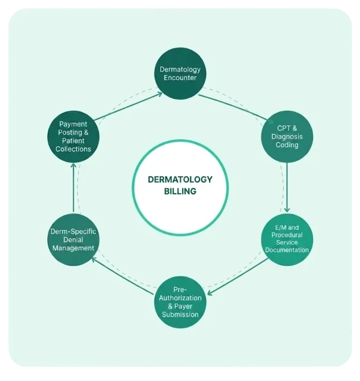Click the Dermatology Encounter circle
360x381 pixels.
pyautogui.click(x=180, y=73)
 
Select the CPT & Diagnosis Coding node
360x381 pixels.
pyautogui.click(x=287, y=136)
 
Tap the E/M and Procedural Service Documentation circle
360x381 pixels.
pyautogui.click(x=287, y=239)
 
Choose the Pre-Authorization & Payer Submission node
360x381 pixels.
pyautogui.click(x=180, y=302)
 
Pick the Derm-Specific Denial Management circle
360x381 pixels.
pyautogui.click(x=73, y=239)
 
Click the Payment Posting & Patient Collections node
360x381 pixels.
pyautogui.click(x=73, y=136)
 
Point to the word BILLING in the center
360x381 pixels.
pyautogui.click(x=180, y=191)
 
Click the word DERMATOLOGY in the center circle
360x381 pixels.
pyautogui.click(x=180, y=180)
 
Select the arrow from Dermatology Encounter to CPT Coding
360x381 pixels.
pyautogui.click(x=236, y=109)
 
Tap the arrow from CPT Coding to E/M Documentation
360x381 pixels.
pyautogui.click(x=287, y=187)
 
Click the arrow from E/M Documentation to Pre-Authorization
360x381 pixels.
pyautogui.click(x=238, y=276)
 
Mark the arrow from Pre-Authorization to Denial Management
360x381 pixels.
pyautogui.click(x=123, y=276)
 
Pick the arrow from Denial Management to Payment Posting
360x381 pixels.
pyautogui.click(x=73, y=188)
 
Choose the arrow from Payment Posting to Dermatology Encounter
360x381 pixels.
pyautogui.click(x=128, y=106)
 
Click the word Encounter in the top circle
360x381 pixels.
pyautogui.click(x=180, y=78)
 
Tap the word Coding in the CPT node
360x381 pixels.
pyautogui.click(x=287, y=145)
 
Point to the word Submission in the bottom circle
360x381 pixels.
pyautogui.click(x=180, y=314)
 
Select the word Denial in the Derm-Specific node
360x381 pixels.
pyautogui.click(x=73, y=240)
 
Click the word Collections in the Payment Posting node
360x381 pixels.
pyautogui.click(x=73, y=149)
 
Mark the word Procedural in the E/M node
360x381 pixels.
pyautogui.click(x=287, y=235)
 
